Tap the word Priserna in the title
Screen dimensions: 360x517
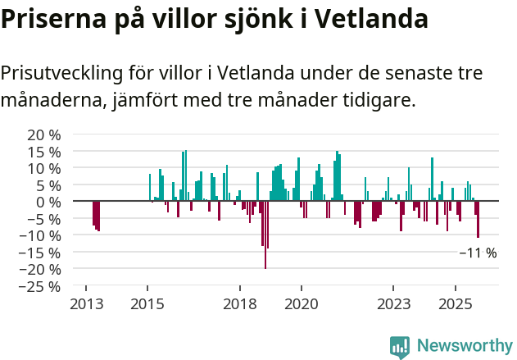click(52, 18)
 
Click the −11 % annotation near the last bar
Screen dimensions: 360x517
click(478, 253)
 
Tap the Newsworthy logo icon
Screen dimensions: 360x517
click(400, 346)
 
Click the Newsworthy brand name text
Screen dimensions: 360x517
click(465, 346)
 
